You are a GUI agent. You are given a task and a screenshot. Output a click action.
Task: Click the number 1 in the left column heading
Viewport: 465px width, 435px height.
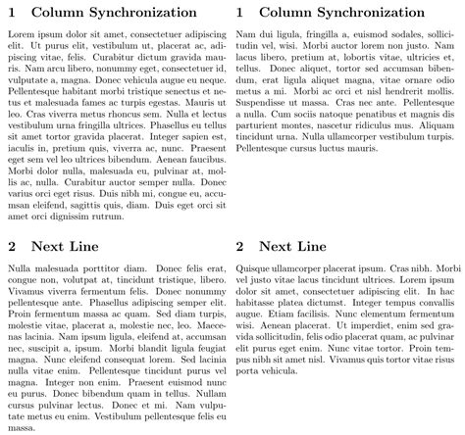click(12, 13)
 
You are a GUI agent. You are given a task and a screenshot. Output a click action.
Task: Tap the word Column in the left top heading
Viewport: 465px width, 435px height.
click(61, 13)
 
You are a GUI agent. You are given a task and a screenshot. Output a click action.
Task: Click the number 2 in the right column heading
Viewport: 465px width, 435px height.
click(241, 246)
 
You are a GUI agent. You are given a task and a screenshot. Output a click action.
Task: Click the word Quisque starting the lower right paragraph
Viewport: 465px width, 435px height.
click(256, 267)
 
